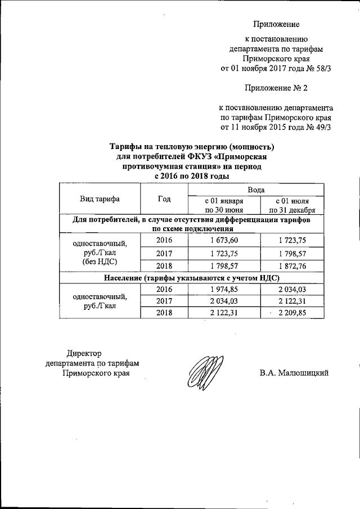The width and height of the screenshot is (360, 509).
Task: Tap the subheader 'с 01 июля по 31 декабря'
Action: [292, 205]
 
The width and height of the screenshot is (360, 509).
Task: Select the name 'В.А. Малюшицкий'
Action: [294, 372]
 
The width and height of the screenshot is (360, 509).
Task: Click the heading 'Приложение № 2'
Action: [276, 88]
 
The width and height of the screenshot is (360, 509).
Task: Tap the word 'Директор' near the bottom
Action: [84, 353]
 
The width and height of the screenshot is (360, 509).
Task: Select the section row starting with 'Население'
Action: [191, 278]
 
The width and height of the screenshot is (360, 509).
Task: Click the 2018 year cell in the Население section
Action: [165, 313]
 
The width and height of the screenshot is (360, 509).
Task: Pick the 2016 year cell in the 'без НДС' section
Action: [165, 240]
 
